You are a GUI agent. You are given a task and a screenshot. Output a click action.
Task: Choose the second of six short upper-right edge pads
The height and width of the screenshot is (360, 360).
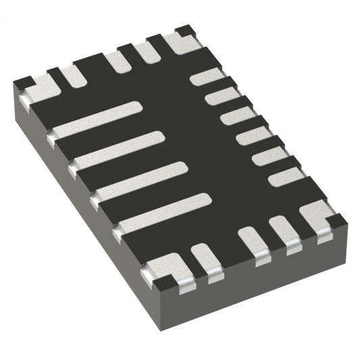(x=222, y=97)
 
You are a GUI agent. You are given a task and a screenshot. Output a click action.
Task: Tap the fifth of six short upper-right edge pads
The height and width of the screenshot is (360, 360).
(x=269, y=157)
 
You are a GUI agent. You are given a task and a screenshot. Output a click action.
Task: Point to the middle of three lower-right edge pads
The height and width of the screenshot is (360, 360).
(x=254, y=242)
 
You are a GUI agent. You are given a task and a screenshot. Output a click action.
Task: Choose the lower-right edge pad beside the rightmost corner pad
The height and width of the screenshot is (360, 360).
(x=285, y=231)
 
